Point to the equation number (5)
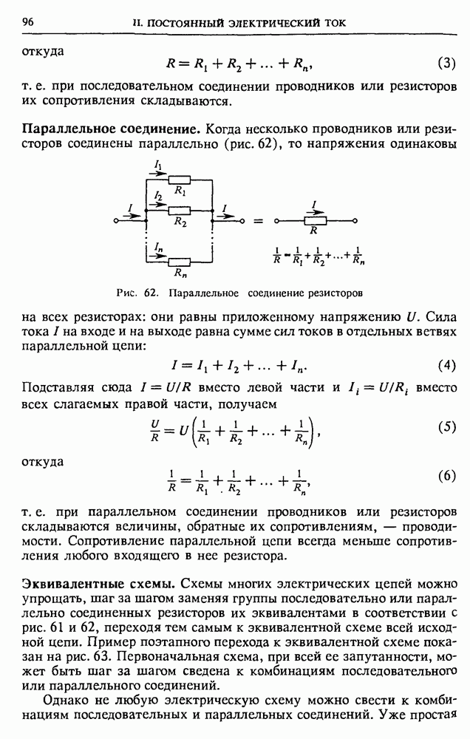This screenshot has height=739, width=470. pos(446,427)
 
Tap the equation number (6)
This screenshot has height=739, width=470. pos(446,476)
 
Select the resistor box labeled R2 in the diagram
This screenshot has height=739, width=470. pos(179,210)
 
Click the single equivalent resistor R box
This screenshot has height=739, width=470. pos(315,219)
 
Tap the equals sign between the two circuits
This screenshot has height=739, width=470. pos(258,220)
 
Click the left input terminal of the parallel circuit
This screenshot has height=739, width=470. pos(116,220)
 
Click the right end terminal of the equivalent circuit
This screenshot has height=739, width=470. pos(355,220)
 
